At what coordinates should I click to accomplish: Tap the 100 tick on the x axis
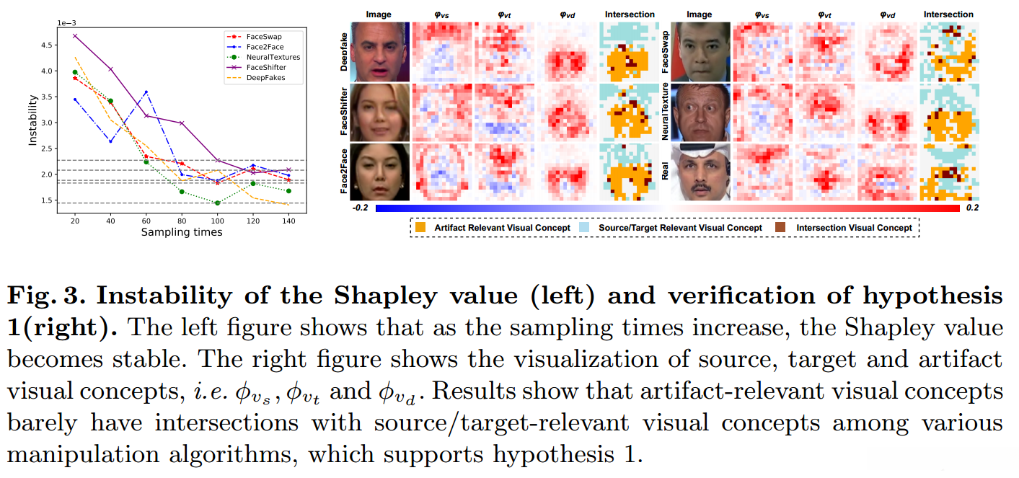217,221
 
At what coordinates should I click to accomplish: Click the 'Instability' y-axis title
32,123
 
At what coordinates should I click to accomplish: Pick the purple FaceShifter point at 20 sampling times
75,35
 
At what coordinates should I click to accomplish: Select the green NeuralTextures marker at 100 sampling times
217,203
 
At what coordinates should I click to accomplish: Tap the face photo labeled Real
700,172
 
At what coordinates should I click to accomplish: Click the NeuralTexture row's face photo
700,112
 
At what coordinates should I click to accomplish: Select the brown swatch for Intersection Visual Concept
780,227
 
